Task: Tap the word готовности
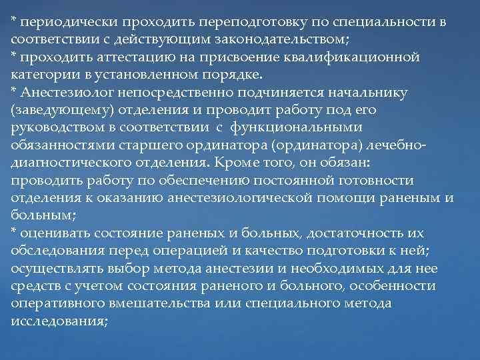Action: (377, 180)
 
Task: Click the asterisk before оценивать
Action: (14, 231)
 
